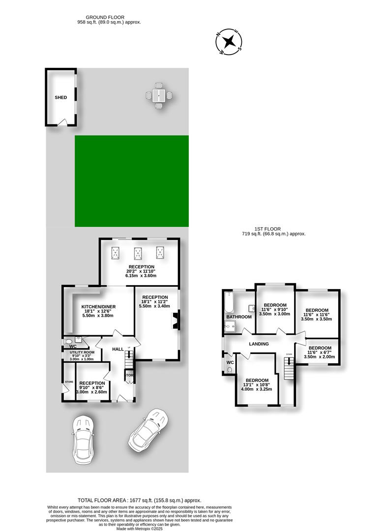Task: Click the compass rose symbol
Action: (229, 42)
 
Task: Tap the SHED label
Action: (60, 97)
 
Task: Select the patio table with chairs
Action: (158, 95)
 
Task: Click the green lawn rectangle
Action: (131, 181)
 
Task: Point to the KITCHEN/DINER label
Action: (99, 307)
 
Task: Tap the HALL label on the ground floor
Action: (118, 349)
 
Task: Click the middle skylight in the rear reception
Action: (138, 253)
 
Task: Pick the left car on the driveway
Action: (82, 440)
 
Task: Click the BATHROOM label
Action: (239, 317)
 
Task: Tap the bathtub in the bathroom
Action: (228, 303)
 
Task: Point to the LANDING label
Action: (259, 344)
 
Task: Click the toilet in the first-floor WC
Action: (229, 370)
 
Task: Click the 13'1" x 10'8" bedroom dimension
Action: (257, 385)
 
